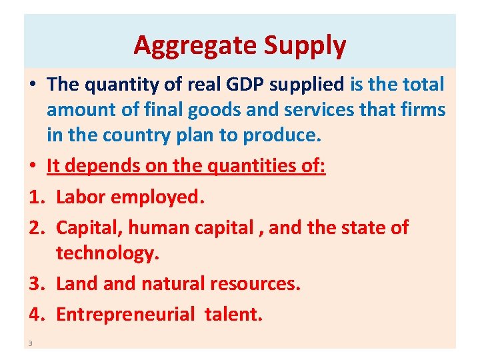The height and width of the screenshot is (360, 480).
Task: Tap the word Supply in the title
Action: click(305, 45)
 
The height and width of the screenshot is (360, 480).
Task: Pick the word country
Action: click(142, 135)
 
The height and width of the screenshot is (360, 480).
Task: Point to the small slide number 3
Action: click(31, 343)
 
